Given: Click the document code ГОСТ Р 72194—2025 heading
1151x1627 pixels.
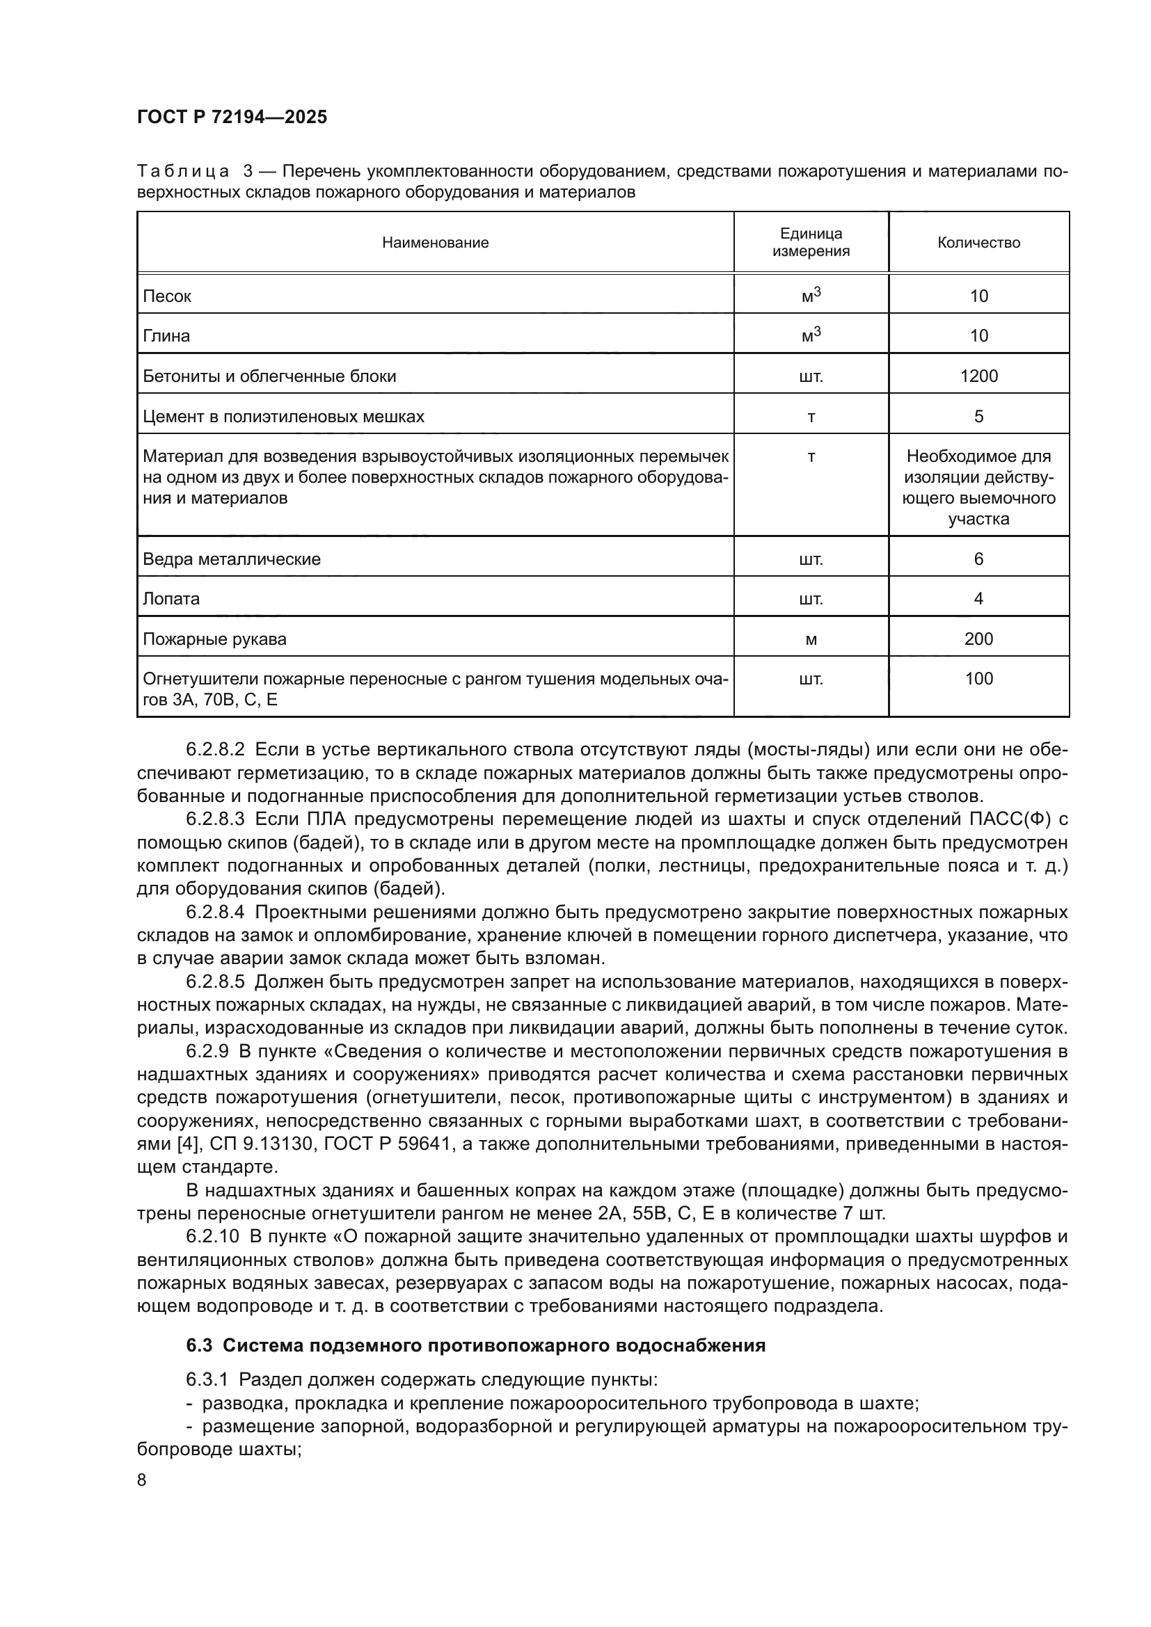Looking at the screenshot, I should click(x=232, y=117).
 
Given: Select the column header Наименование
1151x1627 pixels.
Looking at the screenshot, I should click(x=435, y=243).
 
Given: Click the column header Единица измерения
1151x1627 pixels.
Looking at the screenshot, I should click(x=811, y=242).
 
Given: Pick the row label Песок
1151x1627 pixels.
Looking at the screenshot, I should click(x=167, y=296).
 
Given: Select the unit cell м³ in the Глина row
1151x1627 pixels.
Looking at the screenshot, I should click(x=811, y=335).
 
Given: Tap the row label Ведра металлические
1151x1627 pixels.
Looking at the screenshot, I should click(x=232, y=559).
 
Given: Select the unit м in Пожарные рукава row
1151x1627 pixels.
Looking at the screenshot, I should click(x=811, y=640).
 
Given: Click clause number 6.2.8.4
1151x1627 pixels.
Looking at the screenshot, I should click(x=216, y=912).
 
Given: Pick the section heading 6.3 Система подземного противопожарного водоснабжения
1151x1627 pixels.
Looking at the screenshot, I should click(x=475, y=1346).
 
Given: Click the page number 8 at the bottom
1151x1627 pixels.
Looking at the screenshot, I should click(x=142, y=1480).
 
